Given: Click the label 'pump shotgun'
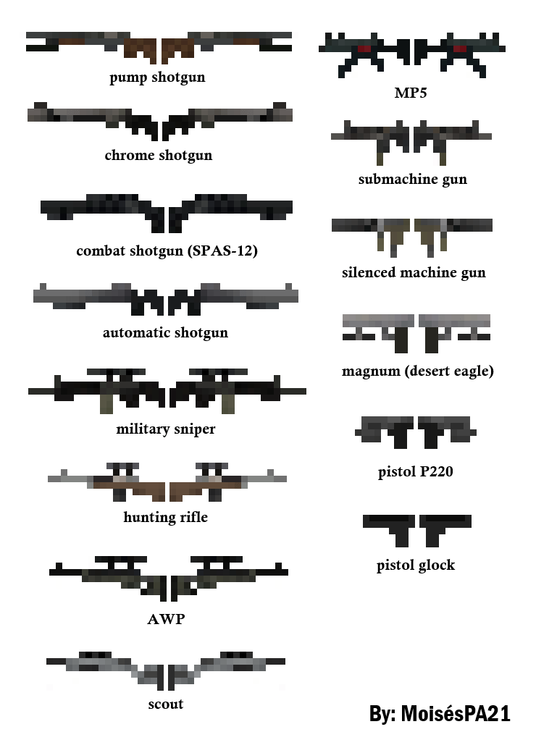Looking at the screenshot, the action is [x=157, y=77].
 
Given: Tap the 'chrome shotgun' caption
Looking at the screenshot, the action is [x=158, y=155].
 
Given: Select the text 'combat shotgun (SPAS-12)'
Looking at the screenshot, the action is [x=167, y=251].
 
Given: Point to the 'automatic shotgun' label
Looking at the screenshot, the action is [x=165, y=332].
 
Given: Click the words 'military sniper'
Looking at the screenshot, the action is [x=165, y=429].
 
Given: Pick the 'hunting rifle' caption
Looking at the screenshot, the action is [x=165, y=517].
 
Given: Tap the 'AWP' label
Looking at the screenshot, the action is [x=166, y=619].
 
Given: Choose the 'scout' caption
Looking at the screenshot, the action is [x=166, y=704].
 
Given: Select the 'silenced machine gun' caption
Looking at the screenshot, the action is [x=414, y=272].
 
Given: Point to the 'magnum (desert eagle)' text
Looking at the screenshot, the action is [x=417, y=371].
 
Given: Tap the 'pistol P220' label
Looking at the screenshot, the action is [x=415, y=472].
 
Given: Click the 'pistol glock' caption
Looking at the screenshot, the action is [x=416, y=565].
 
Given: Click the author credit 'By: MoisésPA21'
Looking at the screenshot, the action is [x=440, y=713].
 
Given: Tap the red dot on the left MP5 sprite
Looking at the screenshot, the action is [x=364, y=49].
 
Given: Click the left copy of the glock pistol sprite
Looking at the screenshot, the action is [x=389, y=526].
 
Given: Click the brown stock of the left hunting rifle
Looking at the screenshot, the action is [x=142, y=489].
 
